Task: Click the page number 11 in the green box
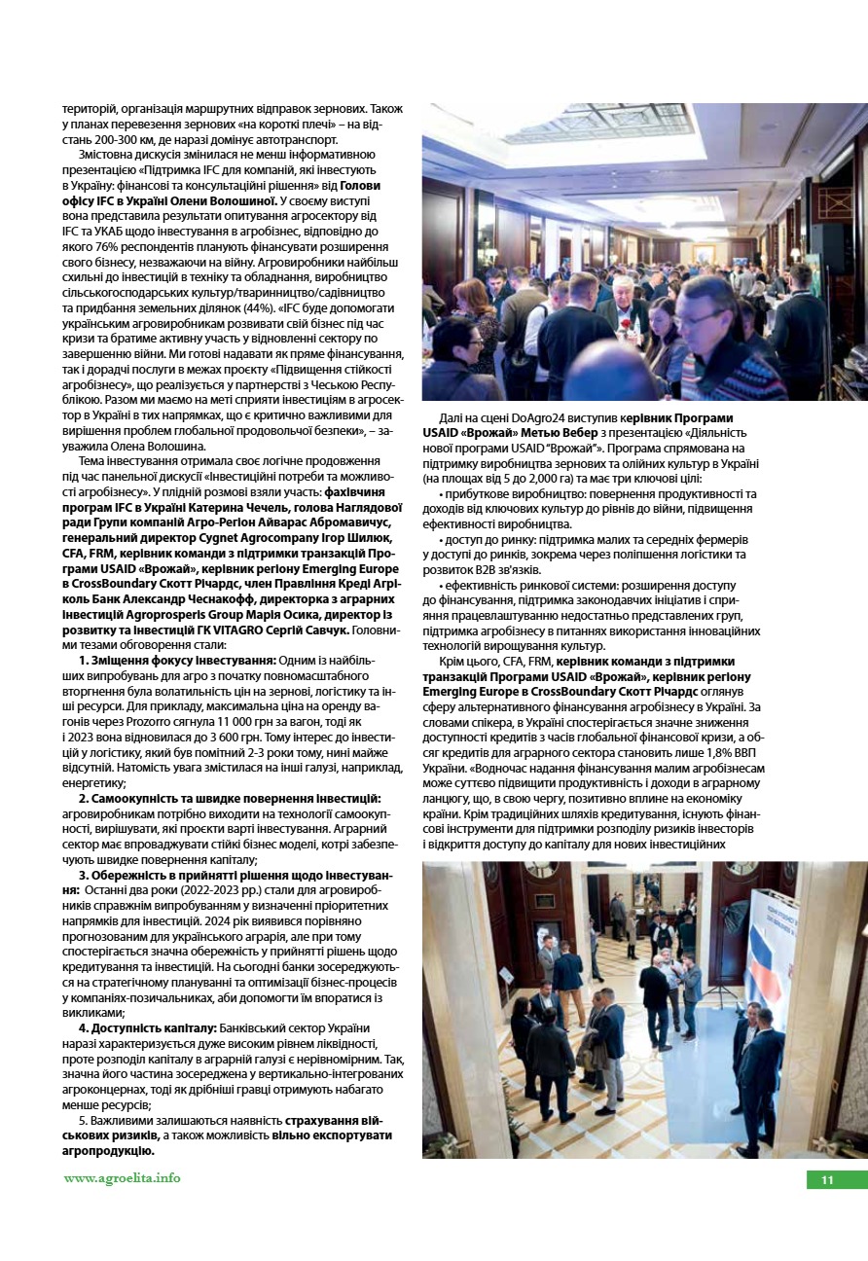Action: click(x=827, y=1180)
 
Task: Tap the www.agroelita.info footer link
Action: click(x=122, y=1177)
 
